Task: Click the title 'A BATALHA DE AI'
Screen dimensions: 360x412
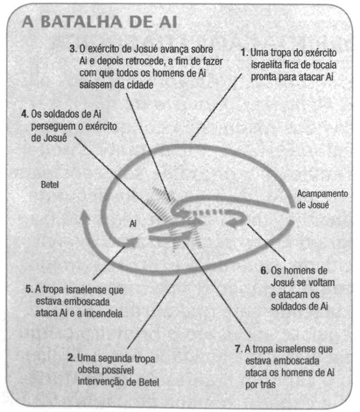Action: tap(99, 22)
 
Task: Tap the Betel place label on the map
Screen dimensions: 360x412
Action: tap(50, 184)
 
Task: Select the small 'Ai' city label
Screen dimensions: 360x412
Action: tap(133, 223)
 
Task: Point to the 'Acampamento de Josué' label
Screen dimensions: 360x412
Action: tap(322, 199)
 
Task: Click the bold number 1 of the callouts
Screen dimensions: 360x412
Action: tap(245, 52)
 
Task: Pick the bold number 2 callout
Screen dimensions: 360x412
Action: tap(71, 358)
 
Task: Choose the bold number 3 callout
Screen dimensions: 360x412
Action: tap(73, 49)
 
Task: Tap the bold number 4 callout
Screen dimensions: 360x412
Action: tap(25, 114)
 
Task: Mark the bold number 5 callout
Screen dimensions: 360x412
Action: tap(29, 289)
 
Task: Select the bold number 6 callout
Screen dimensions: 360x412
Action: tap(264, 271)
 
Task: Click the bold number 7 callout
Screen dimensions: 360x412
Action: tap(238, 349)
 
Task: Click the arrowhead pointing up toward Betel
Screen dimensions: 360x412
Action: tap(84, 214)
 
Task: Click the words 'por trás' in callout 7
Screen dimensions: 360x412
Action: tap(261, 385)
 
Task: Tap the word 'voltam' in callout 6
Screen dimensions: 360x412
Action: tap(321, 282)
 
